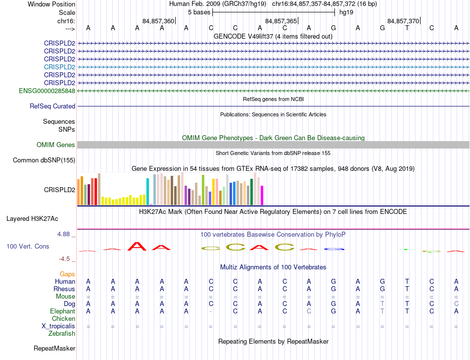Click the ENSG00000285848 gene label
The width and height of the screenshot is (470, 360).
[x=47, y=91]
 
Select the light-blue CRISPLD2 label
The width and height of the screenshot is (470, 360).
[x=59, y=67]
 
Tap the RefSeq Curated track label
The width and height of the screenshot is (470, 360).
[x=52, y=106]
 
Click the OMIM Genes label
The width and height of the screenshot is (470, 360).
[x=56, y=145]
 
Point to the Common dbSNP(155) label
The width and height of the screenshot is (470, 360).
[x=44, y=160]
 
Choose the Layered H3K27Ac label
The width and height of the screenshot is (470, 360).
[x=32, y=218]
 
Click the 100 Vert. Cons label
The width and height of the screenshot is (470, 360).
[x=28, y=246]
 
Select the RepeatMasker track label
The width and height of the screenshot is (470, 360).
[x=54, y=348]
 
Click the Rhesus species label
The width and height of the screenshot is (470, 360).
[x=64, y=289]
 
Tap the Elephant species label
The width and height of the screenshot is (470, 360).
[x=62, y=311]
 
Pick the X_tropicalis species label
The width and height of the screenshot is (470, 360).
[x=58, y=326]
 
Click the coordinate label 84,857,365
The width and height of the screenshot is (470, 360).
[x=281, y=21]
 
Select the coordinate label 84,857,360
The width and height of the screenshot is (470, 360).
[x=158, y=21]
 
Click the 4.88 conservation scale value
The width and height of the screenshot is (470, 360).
[x=65, y=234]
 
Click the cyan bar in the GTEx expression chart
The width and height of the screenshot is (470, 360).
[x=148, y=191]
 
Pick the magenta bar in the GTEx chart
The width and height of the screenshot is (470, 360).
[x=262, y=195]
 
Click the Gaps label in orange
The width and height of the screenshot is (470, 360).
[x=67, y=274]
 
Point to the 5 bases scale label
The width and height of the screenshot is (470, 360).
[x=198, y=12]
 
